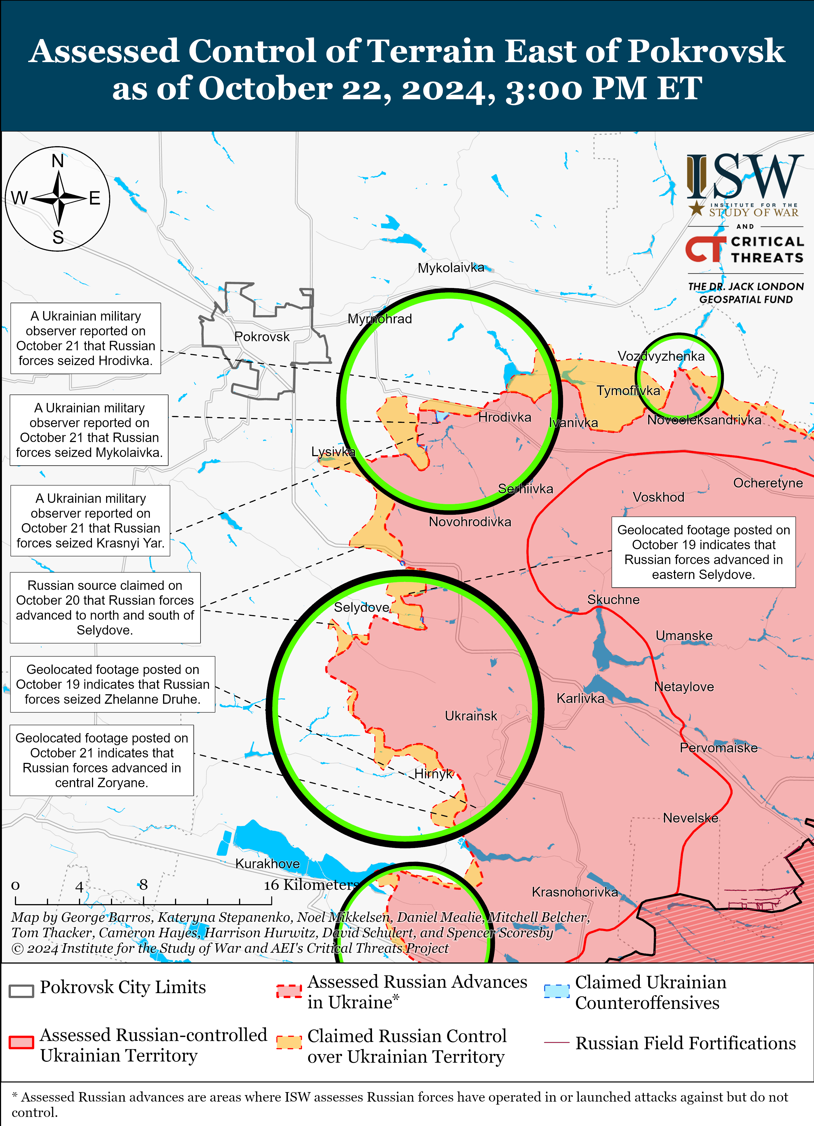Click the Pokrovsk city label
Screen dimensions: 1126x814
[262, 337]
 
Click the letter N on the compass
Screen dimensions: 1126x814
[58, 161]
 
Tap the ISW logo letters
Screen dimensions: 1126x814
[745, 177]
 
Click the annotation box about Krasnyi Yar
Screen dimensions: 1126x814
[90, 520]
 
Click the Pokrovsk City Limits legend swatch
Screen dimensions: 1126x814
[21, 990]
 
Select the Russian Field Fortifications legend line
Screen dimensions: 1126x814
[556, 1042]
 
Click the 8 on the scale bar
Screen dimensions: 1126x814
[143, 884]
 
